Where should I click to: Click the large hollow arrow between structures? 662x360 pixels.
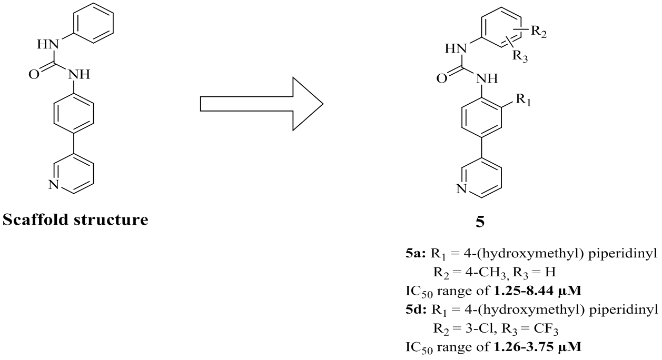[x=261, y=104]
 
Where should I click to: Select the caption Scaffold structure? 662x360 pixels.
[x=75, y=219]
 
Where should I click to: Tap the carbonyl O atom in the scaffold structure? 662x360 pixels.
[x=34, y=74]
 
